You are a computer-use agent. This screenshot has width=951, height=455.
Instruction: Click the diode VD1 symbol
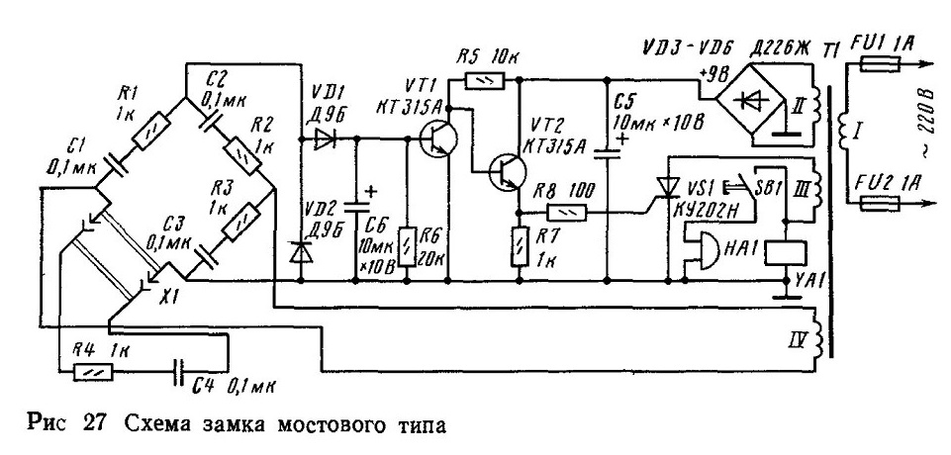coord(324,139)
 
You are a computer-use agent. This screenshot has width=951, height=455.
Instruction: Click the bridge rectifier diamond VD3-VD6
coord(751,101)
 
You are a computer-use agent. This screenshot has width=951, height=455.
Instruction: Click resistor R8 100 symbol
coord(566,212)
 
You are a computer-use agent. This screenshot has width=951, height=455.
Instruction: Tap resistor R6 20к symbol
coord(407,248)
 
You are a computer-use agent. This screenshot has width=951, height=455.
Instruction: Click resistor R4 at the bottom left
coord(93,370)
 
